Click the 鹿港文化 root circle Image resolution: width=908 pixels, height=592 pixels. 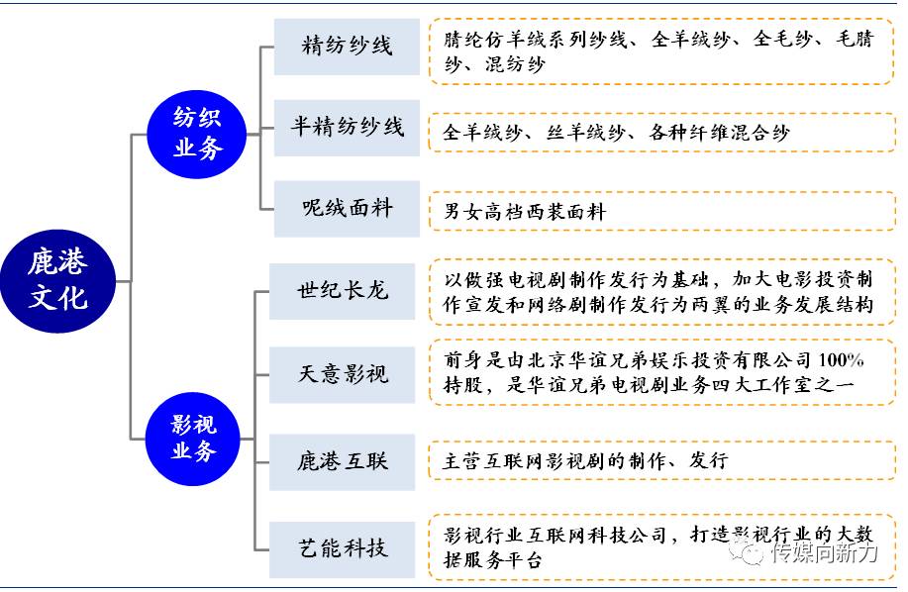tap(57, 280)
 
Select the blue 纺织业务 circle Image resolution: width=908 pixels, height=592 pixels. tap(198, 134)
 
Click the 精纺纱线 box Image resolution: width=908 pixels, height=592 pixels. tap(347, 47)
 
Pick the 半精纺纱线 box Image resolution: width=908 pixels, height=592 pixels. tap(347, 128)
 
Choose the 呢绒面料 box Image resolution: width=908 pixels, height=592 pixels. tap(347, 209)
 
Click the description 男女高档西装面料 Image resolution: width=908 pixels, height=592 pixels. tap(525, 211)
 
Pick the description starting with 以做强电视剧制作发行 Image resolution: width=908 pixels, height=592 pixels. tap(654, 292)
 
